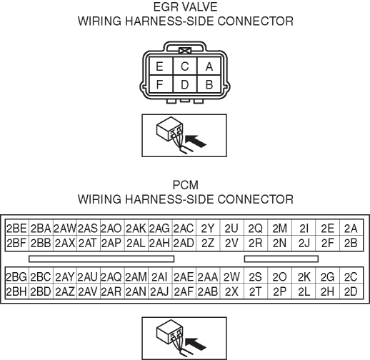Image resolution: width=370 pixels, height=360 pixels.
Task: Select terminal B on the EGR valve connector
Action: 209,84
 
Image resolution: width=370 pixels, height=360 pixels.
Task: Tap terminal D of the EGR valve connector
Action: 185,84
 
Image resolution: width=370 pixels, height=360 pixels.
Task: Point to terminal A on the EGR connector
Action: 209,66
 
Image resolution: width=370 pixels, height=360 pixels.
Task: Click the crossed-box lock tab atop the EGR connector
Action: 185,51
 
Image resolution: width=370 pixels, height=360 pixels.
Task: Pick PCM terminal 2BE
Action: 17,229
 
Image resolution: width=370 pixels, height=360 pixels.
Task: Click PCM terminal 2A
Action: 351,229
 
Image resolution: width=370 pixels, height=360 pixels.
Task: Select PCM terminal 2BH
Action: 17,291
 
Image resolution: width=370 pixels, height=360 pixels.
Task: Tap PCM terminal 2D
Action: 351,291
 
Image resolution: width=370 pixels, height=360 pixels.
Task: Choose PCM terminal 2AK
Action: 136,229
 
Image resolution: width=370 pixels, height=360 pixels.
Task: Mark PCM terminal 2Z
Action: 208,243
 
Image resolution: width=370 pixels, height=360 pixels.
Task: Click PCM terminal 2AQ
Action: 112,276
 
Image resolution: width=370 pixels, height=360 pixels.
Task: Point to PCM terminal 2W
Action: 232,276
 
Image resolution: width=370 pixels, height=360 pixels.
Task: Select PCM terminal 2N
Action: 280,243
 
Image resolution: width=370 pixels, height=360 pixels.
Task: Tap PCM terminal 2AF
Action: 184,291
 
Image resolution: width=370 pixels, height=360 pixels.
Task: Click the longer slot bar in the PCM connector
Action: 101,259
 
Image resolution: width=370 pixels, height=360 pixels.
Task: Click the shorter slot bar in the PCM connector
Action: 281,259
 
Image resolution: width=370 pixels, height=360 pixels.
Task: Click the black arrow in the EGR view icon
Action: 195,141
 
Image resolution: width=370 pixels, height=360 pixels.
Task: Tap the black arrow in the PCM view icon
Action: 195,344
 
